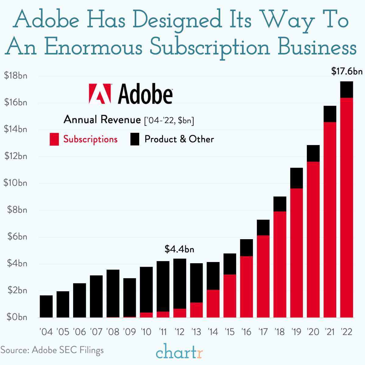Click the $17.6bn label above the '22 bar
click(x=347, y=72)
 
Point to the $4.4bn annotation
click(x=179, y=249)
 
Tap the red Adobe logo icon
click(x=100, y=94)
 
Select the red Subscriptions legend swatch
click(x=54, y=139)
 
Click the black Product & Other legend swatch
click(x=135, y=139)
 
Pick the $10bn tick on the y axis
click(x=15, y=183)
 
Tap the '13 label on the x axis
click(x=196, y=331)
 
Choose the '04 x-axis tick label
click(x=46, y=331)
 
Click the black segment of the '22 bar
click(x=346, y=90)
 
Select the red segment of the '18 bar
click(x=280, y=264)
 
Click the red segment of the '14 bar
click(x=213, y=303)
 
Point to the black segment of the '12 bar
click(x=179, y=283)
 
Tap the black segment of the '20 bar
click(x=313, y=153)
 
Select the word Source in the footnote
click(x=14, y=350)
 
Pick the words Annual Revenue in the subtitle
click(x=102, y=119)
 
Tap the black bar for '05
click(x=63, y=304)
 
